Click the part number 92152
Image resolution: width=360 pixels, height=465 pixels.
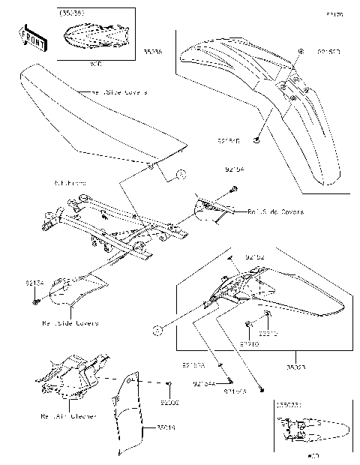coord(256,256)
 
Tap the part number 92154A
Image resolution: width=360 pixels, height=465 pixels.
coord(205,383)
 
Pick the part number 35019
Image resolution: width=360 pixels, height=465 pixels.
coord(166,428)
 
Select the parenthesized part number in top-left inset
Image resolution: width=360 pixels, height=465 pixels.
coord(72,13)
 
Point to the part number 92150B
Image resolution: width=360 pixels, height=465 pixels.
coord(329,52)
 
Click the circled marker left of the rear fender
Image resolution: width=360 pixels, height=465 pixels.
coord(157,330)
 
